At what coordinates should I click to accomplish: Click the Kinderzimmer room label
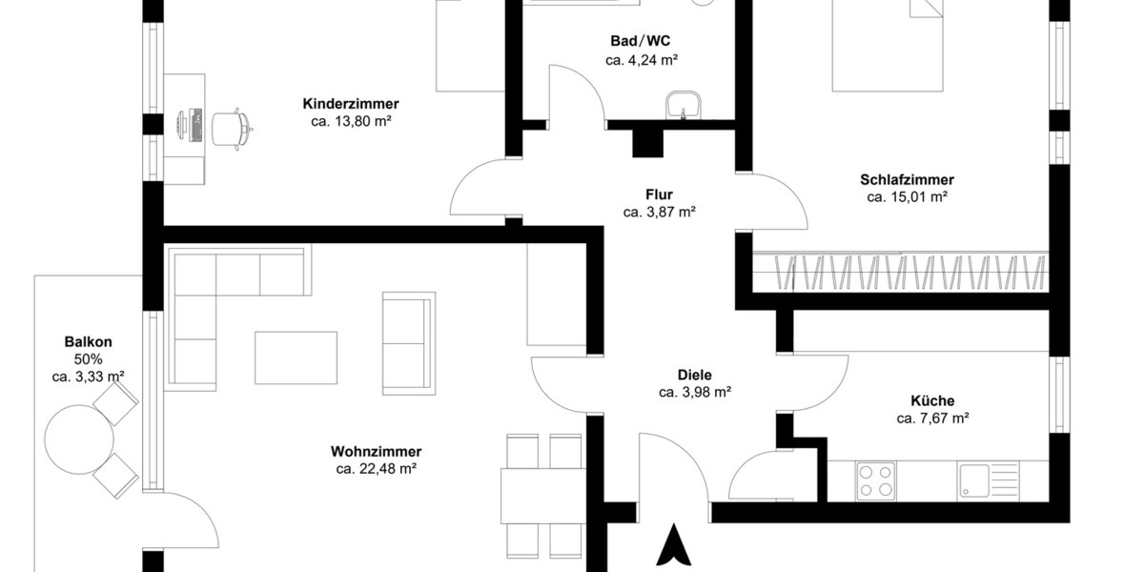tap(350, 104)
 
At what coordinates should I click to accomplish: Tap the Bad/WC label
tap(641, 41)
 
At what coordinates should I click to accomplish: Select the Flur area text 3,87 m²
tap(659, 213)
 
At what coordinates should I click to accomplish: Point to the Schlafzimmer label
tap(907, 179)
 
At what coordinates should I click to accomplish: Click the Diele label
tap(695, 375)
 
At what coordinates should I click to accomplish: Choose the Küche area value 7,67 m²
tap(932, 419)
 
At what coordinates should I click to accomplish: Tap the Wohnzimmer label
tap(377, 451)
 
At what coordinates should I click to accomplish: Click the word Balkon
tap(89, 341)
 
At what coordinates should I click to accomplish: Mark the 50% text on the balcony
tap(88, 359)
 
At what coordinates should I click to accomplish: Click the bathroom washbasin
tap(684, 104)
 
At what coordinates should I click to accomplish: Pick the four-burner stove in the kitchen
tap(875, 480)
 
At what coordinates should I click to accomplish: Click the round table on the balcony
tap(80, 439)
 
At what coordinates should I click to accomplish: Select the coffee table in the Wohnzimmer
tap(296, 357)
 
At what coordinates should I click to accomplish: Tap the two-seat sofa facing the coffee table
tap(409, 343)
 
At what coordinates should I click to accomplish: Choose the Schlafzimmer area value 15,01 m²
tap(907, 197)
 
